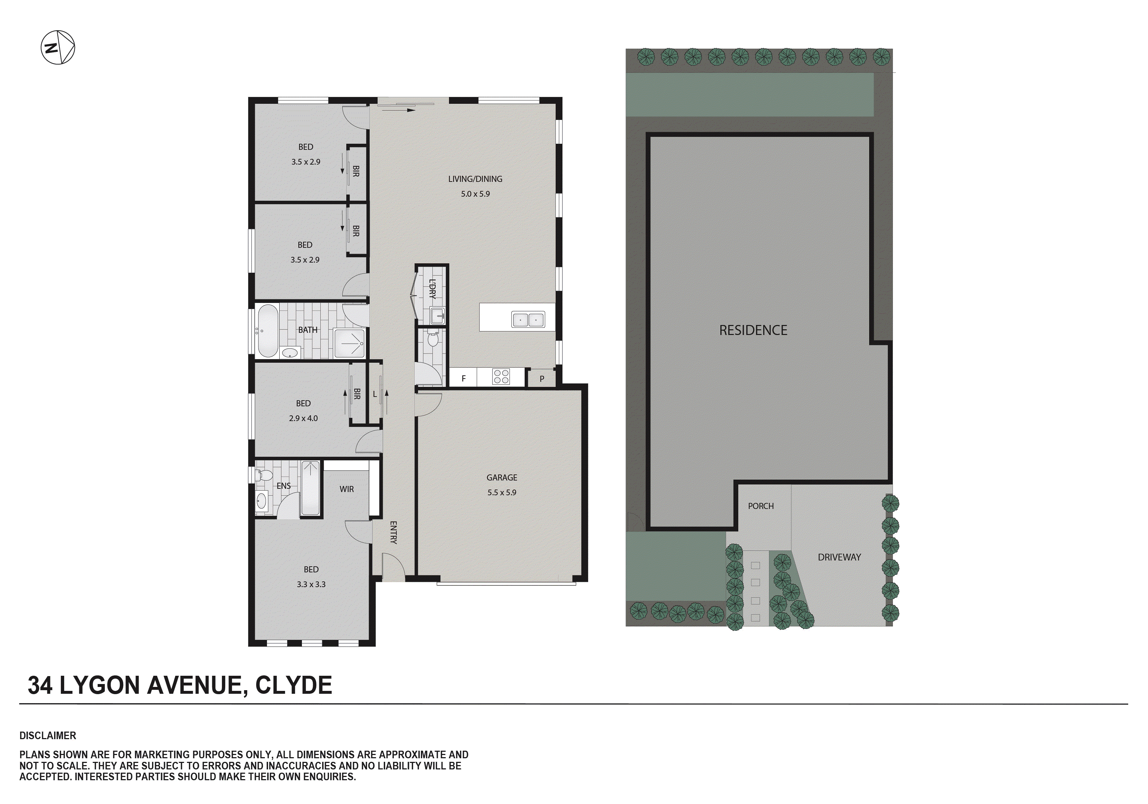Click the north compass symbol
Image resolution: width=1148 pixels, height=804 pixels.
click(x=58, y=48)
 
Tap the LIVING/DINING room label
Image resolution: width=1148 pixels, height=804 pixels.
click(x=475, y=179)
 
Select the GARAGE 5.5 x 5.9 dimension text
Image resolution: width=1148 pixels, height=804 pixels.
click(x=502, y=492)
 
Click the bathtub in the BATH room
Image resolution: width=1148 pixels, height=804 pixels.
click(x=267, y=331)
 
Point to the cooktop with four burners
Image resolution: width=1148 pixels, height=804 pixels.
click(x=501, y=376)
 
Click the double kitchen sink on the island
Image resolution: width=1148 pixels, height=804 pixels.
click(x=528, y=319)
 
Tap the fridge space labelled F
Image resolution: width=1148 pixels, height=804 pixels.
click(x=463, y=379)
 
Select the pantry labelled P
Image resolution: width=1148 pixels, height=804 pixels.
click(x=542, y=379)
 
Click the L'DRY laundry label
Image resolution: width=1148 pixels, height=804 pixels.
click(x=432, y=289)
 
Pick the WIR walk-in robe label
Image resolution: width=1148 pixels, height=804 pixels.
click(x=347, y=489)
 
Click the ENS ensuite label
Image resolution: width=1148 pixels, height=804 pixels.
click(x=284, y=486)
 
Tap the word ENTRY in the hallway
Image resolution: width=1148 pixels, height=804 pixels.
click(x=393, y=532)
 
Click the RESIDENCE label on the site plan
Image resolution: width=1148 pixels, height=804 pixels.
click(x=753, y=330)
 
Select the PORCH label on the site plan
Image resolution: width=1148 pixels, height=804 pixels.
click(x=761, y=506)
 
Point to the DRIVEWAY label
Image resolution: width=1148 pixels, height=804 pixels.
click(x=839, y=557)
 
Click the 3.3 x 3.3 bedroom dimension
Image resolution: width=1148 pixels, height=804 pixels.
click(x=311, y=584)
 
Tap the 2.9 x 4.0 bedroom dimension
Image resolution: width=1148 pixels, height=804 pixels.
click(x=303, y=418)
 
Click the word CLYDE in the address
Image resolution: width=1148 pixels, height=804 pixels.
click(x=294, y=685)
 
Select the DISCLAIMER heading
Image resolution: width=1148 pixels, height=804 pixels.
click(x=48, y=736)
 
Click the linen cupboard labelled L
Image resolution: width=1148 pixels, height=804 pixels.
click(x=374, y=394)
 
